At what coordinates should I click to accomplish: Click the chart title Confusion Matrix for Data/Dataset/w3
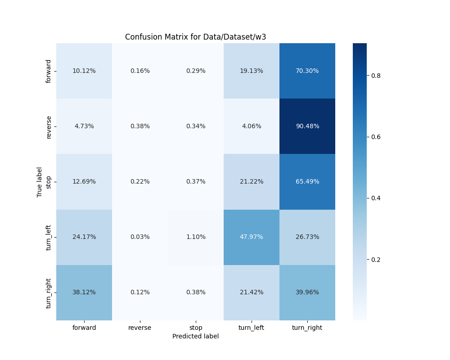click(x=195, y=37)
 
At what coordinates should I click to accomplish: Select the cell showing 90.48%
click(x=307, y=126)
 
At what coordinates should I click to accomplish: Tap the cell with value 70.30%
click(x=307, y=71)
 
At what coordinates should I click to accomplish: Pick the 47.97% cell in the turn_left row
click(x=251, y=237)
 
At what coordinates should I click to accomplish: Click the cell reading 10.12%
click(x=84, y=71)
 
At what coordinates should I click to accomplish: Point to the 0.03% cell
click(x=140, y=237)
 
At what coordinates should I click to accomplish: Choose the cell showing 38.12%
click(x=84, y=292)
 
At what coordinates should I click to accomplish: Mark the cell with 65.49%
click(x=307, y=181)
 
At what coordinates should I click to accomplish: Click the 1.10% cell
click(x=196, y=237)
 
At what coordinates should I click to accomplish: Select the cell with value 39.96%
click(x=307, y=292)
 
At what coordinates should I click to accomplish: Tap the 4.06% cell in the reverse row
click(x=251, y=126)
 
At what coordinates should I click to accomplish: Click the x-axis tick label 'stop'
click(x=196, y=328)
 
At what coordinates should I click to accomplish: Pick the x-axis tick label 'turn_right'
click(x=307, y=328)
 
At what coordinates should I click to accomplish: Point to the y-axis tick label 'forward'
click(x=49, y=71)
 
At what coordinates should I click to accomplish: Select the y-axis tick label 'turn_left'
click(x=49, y=237)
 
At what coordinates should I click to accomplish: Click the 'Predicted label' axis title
click(x=195, y=336)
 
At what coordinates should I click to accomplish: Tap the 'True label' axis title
click(x=40, y=182)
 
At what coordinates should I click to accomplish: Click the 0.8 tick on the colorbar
click(x=376, y=76)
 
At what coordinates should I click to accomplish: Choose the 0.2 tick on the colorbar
click(x=376, y=260)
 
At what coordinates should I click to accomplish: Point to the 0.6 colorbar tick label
click(x=376, y=137)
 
